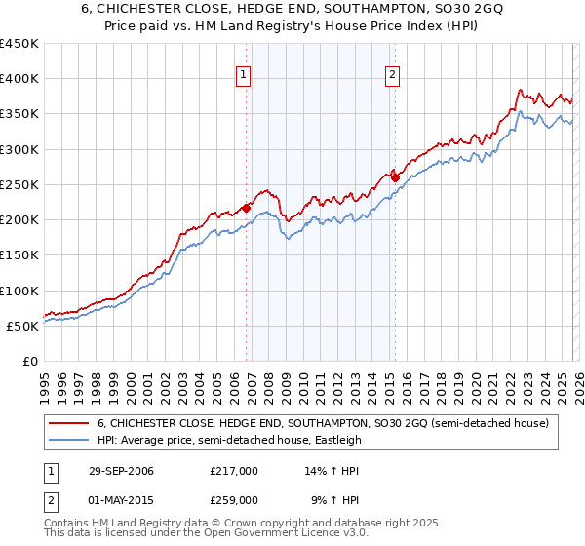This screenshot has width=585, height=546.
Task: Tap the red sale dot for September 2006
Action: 247,208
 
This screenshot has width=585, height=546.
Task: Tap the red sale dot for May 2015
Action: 395,177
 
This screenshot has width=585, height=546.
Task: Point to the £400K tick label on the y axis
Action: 19,79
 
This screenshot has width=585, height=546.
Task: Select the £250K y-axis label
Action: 19,184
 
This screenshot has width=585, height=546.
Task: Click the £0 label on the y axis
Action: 30,361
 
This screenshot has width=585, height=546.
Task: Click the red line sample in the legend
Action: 69,423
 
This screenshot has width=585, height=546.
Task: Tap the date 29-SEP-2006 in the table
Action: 120,471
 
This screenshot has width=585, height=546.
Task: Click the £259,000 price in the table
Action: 234,499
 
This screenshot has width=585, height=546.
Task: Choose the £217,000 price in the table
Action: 234,471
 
